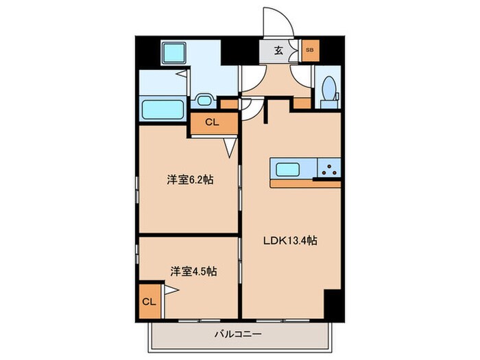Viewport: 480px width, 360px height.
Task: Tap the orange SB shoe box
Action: [309, 50]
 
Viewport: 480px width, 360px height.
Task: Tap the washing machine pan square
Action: [174, 53]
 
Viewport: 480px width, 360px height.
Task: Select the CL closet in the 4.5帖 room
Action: [149, 301]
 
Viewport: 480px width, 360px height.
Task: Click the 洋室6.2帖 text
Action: [190, 180]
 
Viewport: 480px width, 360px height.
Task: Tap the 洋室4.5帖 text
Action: [193, 272]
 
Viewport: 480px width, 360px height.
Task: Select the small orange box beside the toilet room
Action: [302, 104]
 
